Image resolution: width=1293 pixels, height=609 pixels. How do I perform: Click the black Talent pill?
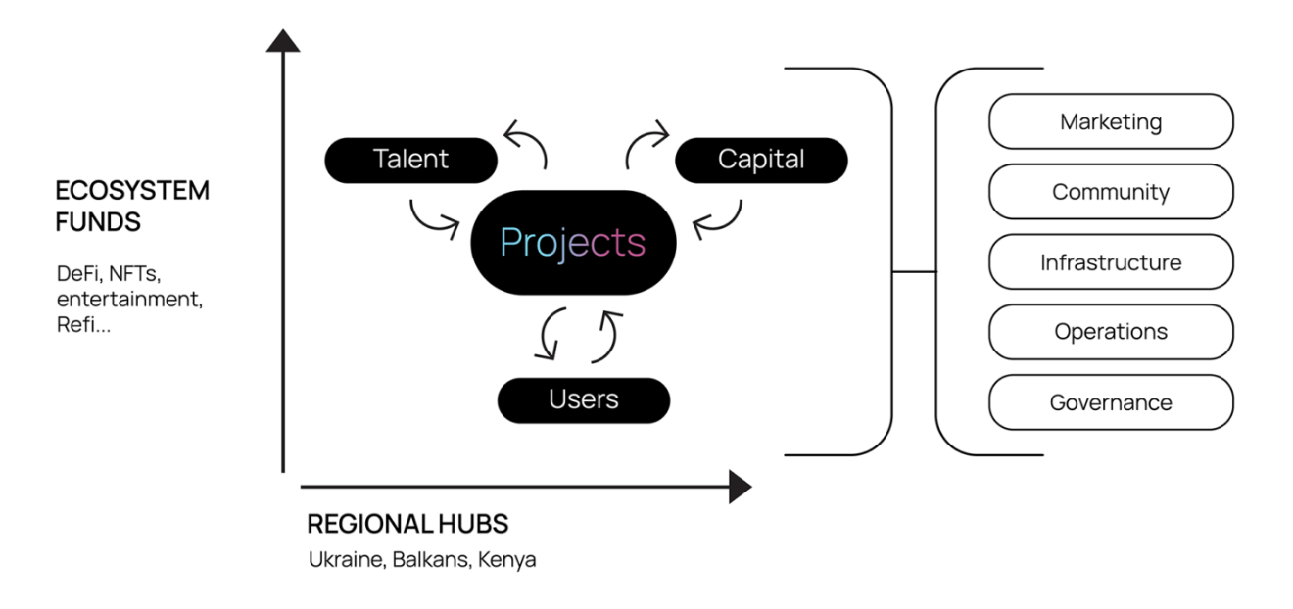pyautogui.click(x=410, y=160)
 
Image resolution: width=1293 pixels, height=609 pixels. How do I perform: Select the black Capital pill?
pyautogui.click(x=761, y=160)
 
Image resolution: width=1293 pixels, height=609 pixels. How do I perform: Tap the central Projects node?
pyautogui.click(x=573, y=242)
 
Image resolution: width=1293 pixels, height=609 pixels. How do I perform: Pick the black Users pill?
pyautogui.click(x=584, y=399)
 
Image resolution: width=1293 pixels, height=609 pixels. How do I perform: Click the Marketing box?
pyautogui.click(x=1111, y=121)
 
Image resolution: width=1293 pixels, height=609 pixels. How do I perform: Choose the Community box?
pyautogui.click(x=1111, y=192)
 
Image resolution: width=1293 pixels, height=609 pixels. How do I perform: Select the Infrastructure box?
pyautogui.click(x=1111, y=262)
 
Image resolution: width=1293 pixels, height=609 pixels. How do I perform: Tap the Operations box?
pyautogui.click(x=1111, y=332)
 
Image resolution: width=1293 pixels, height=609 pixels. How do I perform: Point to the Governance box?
pyautogui.click(x=1111, y=402)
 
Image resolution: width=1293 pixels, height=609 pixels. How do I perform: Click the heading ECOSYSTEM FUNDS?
pyautogui.click(x=132, y=206)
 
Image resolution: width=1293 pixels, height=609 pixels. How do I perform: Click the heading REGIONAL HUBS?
pyautogui.click(x=407, y=524)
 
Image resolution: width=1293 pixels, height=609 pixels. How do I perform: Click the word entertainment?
pyautogui.click(x=129, y=299)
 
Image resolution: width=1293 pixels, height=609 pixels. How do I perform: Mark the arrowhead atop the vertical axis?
pyautogui.click(x=283, y=41)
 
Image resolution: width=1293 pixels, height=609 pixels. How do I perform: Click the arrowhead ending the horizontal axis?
pyautogui.click(x=740, y=487)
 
